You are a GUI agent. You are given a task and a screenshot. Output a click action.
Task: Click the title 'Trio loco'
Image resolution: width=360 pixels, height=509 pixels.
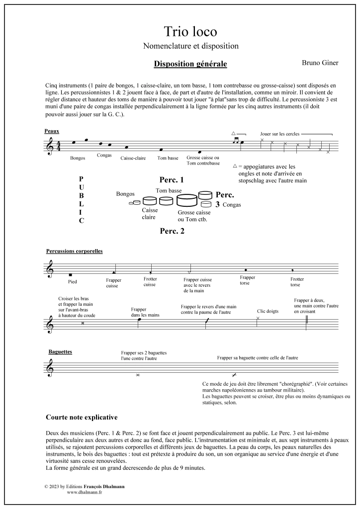[x=190, y=32]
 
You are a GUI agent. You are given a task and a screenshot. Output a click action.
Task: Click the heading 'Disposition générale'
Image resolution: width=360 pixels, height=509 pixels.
[x=190, y=64]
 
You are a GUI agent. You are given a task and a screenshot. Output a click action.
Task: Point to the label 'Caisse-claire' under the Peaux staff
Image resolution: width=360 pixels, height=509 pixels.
[x=133, y=159]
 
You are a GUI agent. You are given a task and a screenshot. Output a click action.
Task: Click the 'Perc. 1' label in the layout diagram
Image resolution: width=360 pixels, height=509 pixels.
[x=172, y=180]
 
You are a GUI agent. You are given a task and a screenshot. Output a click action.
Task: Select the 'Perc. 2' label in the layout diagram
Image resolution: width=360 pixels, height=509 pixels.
[x=172, y=231]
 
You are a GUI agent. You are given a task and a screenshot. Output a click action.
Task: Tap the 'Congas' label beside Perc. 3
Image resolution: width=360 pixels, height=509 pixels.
[x=233, y=205]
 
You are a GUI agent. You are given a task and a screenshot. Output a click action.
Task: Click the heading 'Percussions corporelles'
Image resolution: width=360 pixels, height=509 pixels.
[x=74, y=251]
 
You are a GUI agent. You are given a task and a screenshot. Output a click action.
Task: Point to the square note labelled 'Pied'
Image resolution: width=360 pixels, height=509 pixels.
[x=71, y=274]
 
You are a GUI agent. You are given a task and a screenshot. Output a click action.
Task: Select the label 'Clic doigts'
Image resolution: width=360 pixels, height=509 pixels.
[x=268, y=311]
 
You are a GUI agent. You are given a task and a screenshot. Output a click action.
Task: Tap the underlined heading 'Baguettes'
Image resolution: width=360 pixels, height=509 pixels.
[x=60, y=352]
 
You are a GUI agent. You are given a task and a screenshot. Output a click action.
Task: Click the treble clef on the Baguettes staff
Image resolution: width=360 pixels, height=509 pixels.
[x=50, y=370]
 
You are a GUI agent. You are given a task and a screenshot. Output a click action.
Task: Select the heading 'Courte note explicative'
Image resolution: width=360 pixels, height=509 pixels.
[x=82, y=417]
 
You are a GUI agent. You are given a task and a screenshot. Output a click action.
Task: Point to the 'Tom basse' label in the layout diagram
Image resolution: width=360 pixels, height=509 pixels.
[x=168, y=191]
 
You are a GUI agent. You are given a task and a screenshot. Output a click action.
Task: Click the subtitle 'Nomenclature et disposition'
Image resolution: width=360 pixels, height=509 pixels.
[x=190, y=46]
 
